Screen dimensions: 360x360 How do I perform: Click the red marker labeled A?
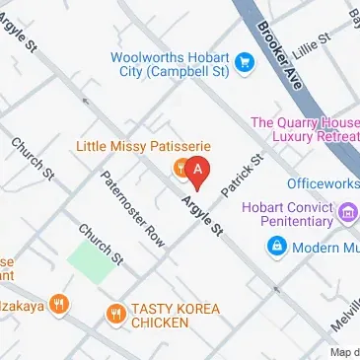point(198,172)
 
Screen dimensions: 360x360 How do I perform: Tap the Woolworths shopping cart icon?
point(245,65)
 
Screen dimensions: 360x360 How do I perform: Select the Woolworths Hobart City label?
point(171,65)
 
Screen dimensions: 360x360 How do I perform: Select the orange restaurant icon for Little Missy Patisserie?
point(181,168)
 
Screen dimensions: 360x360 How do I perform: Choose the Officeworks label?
point(323,183)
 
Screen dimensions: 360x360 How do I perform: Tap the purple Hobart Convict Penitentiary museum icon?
point(346,211)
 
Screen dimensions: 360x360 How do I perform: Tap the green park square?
point(90,262)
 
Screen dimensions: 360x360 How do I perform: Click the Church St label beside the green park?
point(103,246)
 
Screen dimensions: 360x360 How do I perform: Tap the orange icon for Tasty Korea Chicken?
point(115,315)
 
